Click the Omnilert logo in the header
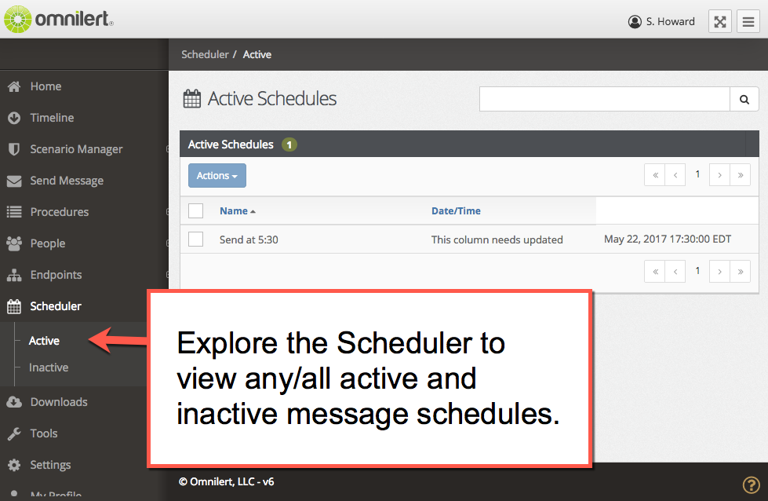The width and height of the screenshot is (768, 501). pyautogui.click(x=59, y=20)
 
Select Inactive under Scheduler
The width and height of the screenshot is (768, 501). pyautogui.click(x=49, y=368)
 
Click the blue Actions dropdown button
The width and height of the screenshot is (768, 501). pyautogui.click(x=217, y=175)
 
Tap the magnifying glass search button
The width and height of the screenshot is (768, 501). pyautogui.click(x=744, y=100)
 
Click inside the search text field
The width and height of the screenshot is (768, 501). pyautogui.click(x=604, y=100)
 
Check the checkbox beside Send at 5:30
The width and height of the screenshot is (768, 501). pyautogui.click(x=196, y=240)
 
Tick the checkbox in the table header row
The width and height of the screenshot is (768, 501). pyautogui.click(x=196, y=210)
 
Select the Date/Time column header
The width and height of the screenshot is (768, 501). pyautogui.click(x=456, y=210)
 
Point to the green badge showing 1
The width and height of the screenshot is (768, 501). pyautogui.click(x=289, y=144)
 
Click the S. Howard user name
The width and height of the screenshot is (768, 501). pyautogui.click(x=670, y=21)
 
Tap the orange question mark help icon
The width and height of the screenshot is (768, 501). pyautogui.click(x=751, y=485)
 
